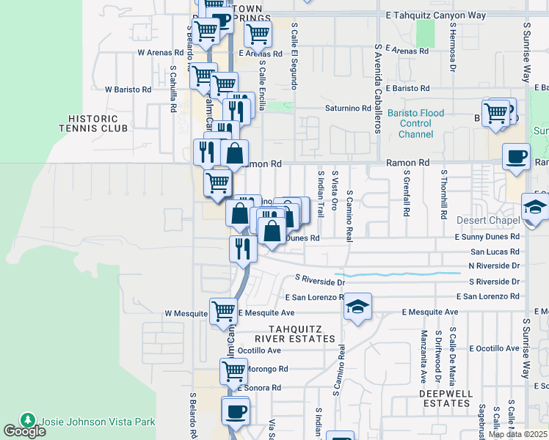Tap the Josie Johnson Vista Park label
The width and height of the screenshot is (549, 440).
[98, 422]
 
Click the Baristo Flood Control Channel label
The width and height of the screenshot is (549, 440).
[416, 124]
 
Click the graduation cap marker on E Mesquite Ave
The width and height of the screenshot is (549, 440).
[357, 306]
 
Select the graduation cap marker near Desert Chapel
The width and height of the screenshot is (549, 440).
[535, 207]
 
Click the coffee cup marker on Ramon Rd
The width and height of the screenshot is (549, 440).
[516, 156]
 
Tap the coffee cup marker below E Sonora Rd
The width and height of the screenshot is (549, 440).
[236, 411]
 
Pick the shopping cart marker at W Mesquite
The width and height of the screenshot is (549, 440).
[222, 310]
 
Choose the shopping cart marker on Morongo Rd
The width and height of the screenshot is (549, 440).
[234, 371]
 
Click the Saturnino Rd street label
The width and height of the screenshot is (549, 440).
[349, 109]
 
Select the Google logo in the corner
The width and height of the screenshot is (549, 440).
[24, 431]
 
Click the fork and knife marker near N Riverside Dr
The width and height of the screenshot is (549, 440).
[241, 249]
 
